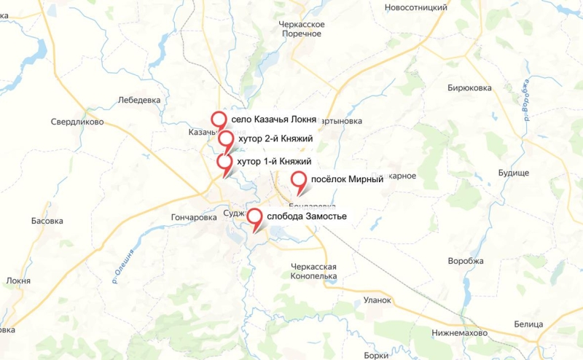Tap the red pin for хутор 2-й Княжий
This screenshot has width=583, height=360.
point(226,138)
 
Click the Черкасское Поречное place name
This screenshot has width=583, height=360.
point(302,29)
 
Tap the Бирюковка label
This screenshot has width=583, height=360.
point(469,87)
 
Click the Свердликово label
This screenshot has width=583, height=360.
point(77,122)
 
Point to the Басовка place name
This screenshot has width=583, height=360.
point(47,221)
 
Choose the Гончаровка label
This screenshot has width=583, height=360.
point(194,217)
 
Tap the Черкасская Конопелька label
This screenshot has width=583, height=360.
point(313,272)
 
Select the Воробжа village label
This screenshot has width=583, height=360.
point(466,261)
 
